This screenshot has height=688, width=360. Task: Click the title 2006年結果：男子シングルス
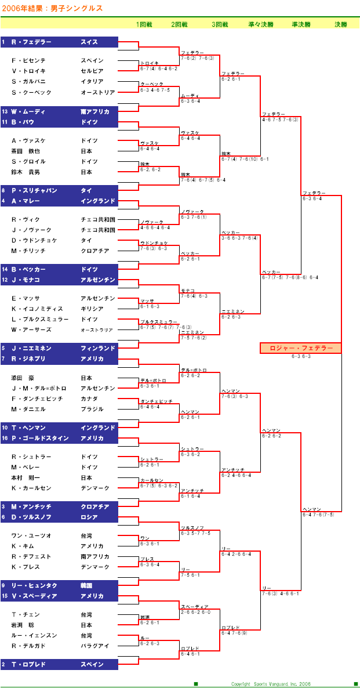[53, 8]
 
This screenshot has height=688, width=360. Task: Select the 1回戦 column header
[144, 24]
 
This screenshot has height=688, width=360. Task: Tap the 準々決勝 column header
[261, 24]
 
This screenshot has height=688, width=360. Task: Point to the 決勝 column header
[341, 24]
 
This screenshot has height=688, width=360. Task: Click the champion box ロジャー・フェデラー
[301, 348]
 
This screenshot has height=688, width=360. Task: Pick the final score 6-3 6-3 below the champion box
[301, 357]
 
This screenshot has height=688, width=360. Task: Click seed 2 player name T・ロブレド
[28, 664]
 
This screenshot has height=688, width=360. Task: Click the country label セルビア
[92, 71]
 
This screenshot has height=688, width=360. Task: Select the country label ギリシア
[92, 309]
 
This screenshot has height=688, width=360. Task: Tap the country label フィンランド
[98, 348]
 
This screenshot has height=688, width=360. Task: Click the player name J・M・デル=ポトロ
[39, 388]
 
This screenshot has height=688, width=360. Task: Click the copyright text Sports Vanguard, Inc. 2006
[271, 684]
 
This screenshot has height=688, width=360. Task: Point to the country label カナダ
[89, 399]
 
